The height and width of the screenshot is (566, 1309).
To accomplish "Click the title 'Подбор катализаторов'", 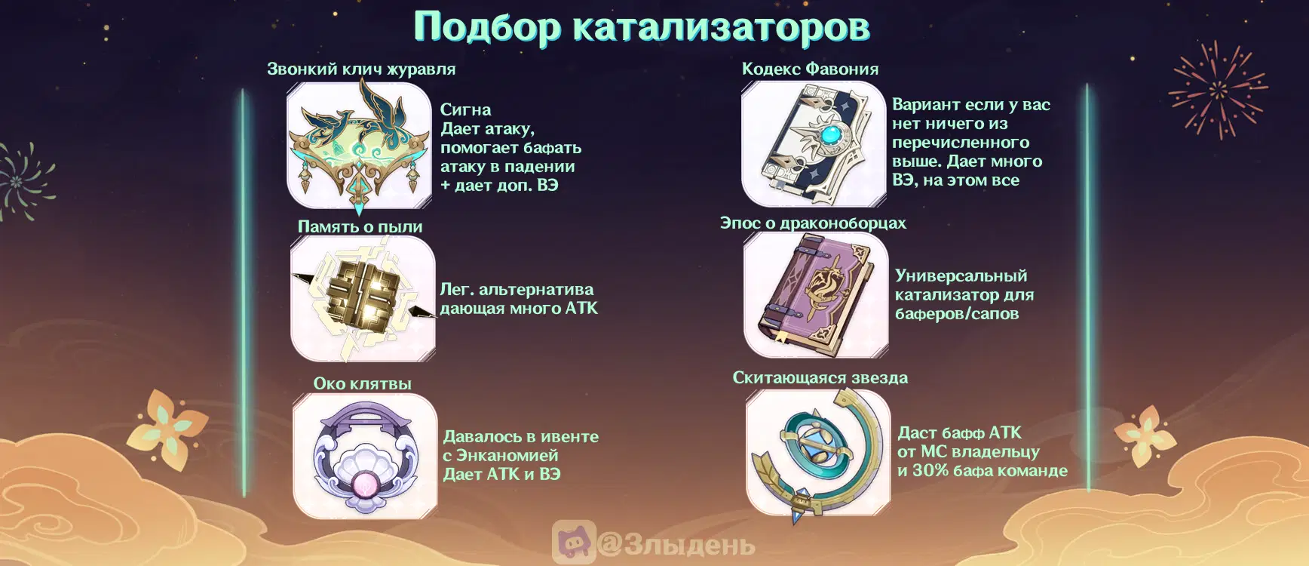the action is coord(642,27).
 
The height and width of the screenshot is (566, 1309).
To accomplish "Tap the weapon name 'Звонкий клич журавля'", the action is coord(361,69).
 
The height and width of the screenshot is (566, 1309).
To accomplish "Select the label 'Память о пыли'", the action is coord(360,226).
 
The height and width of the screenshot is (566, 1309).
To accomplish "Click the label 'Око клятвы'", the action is coord(363,383).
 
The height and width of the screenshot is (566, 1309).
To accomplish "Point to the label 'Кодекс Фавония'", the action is coord(810,69).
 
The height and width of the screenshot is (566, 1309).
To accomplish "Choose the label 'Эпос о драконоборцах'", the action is coord(813,223).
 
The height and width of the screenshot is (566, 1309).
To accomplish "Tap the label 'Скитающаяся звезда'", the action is coord(820,377).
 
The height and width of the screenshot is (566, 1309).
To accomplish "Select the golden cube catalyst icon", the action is coord(363,298).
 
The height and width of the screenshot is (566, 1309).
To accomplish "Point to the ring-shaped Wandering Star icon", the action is coord(818,453).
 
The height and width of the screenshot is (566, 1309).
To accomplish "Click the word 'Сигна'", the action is coord(466,109).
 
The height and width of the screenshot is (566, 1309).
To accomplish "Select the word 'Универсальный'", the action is coord(961,275).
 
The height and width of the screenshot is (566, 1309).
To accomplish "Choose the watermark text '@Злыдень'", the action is coord(676,544).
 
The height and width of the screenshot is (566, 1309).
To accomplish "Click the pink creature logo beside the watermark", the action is coord(574,541).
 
